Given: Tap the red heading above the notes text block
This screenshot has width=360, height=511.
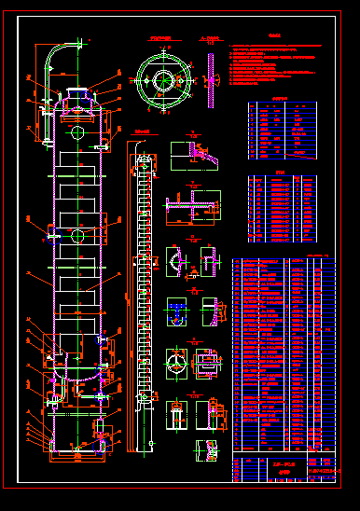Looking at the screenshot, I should (274, 38).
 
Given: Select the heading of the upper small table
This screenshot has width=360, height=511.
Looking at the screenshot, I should (280, 98).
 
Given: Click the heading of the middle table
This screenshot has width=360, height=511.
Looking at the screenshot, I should (282, 172).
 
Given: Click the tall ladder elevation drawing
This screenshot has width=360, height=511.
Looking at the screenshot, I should (144, 298).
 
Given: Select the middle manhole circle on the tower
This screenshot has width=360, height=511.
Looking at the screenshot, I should (76, 235).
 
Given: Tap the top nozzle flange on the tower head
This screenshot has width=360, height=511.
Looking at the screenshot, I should (75, 91).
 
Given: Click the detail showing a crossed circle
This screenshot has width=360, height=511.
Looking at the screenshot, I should (174, 361).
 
